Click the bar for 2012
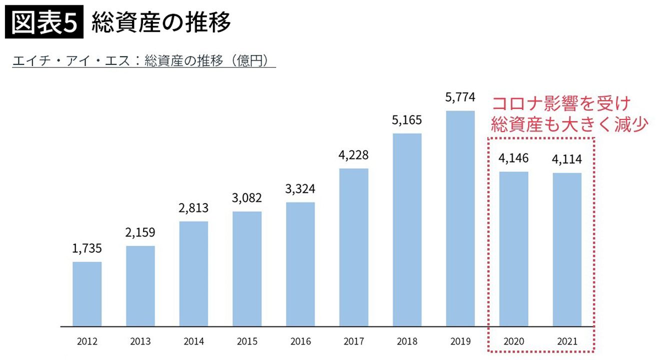click(87, 294)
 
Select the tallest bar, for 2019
click(460, 218)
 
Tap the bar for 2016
click(300, 264)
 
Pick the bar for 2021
click(567, 249)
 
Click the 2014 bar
click(193, 273)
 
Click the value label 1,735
click(87, 248)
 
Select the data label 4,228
click(353, 155)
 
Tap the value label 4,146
click(513, 158)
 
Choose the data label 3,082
click(247, 198)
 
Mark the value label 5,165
click(407, 120)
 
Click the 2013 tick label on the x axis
click(140, 342)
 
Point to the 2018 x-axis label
click(407, 342)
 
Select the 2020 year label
click(513, 342)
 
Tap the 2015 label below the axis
click(247, 342)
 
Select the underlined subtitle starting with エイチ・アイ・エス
click(144, 61)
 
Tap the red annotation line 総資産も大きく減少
click(569, 123)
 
